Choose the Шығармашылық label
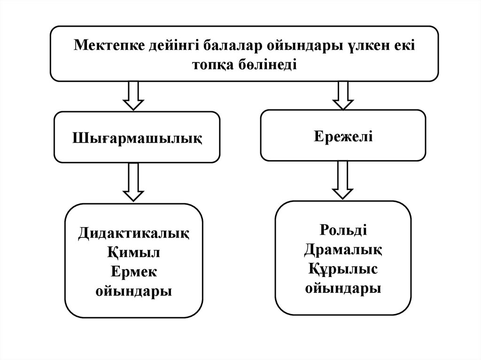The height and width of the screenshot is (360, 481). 137,138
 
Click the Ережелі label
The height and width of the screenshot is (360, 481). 343,136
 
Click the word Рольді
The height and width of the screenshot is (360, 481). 343,230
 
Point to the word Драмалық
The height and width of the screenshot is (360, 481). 343,250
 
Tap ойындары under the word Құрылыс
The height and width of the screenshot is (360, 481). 343,288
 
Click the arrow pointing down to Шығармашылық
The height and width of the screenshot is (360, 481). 133,95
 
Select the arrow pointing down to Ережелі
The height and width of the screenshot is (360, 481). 343,95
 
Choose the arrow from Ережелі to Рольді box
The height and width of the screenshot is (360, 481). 343,180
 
